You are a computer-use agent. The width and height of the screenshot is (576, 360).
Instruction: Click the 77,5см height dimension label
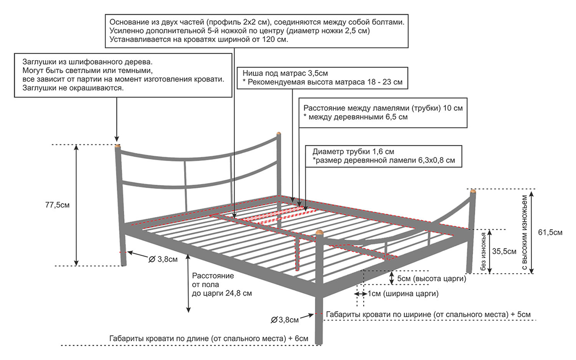[57, 205]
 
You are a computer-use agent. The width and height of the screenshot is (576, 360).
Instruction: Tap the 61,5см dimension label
[550, 232]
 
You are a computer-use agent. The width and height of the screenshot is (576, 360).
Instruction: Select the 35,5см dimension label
[504, 251]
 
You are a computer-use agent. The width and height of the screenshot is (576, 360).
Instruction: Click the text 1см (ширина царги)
[403, 293]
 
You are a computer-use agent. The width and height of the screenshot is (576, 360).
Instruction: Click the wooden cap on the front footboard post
[319, 233]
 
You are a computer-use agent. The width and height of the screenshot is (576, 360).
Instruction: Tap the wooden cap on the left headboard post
[118, 146]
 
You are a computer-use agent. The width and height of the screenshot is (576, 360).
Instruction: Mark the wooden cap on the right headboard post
[279, 133]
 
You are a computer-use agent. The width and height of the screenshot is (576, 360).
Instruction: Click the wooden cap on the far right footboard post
[472, 192]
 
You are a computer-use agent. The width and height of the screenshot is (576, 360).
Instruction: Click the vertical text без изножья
[484, 252]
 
